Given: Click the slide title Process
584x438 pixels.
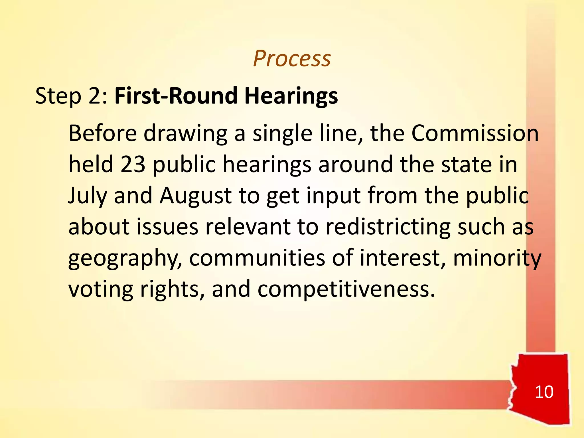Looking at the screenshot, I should tap(292, 58).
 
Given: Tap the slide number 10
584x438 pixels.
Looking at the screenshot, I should tap(544, 392).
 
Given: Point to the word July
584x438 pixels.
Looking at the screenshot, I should tap(88, 196).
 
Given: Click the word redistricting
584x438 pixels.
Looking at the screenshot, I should tap(388, 227).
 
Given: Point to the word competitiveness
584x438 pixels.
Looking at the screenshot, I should tap(346, 289).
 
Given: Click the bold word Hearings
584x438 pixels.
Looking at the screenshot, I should tap(291, 96).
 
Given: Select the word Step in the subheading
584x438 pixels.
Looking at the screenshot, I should tap(58, 96).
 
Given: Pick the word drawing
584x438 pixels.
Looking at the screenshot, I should tap(185, 134).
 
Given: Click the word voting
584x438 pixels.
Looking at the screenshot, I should tap(101, 290).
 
